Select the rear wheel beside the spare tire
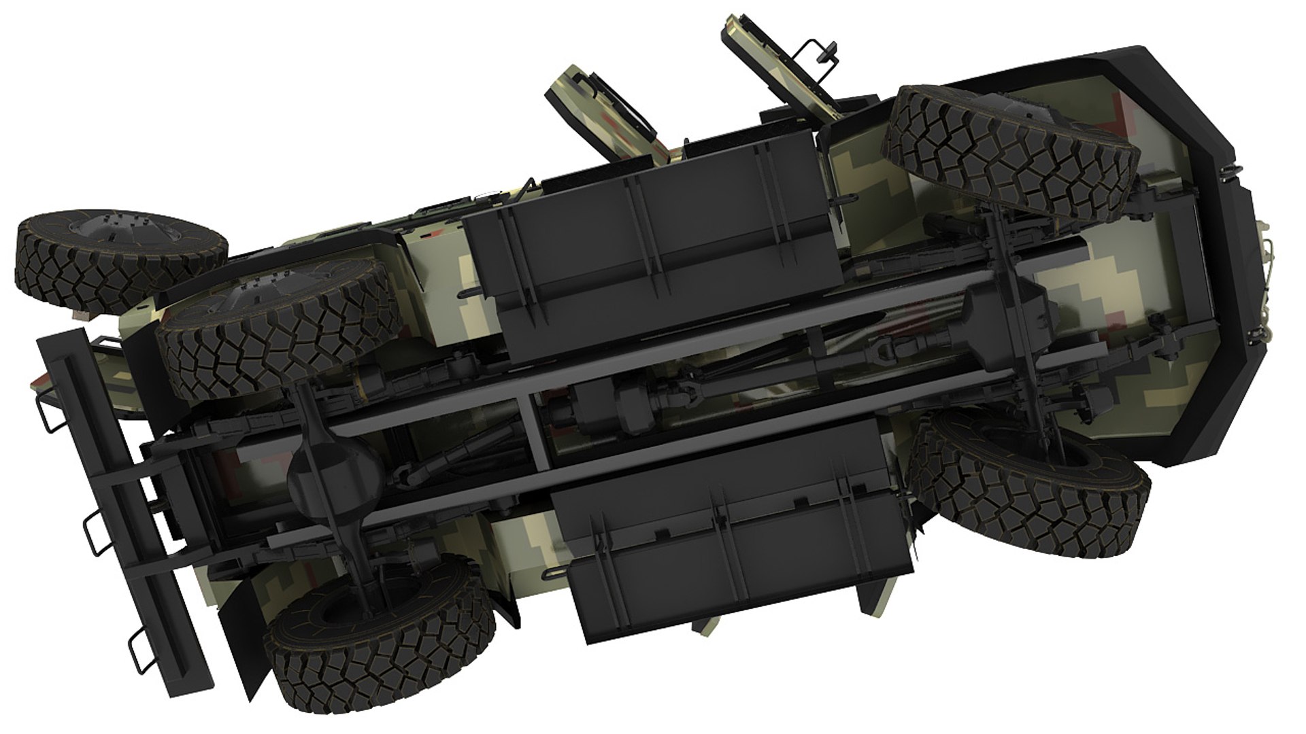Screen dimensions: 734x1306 coord(279,326)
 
